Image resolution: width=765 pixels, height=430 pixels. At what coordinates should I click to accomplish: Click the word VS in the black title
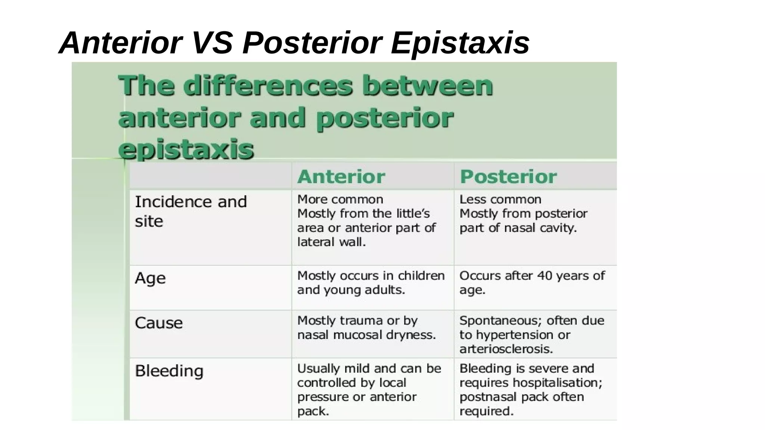point(212,43)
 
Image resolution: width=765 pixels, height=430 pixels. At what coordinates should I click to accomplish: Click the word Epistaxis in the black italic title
point(460,43)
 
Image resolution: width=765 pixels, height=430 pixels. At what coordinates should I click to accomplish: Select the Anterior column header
point(341,177)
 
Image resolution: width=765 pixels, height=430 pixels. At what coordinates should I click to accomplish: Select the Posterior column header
point(508,177)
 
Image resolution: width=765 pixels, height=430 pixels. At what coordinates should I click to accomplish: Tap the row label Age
point(150,278)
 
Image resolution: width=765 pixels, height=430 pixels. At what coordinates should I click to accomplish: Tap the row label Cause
point(159,323)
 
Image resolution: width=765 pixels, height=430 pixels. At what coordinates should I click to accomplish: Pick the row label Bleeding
point(169,371)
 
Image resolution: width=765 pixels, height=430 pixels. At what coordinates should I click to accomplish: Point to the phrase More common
point(340,199)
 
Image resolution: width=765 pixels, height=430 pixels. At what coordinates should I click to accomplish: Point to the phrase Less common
point(500,199)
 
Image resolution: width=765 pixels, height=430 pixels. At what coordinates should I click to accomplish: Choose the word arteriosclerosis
point(505,349)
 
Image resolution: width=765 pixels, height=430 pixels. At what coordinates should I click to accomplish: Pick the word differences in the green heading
point(268,85)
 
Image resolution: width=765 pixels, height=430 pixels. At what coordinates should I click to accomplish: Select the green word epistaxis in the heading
point(186,149)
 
